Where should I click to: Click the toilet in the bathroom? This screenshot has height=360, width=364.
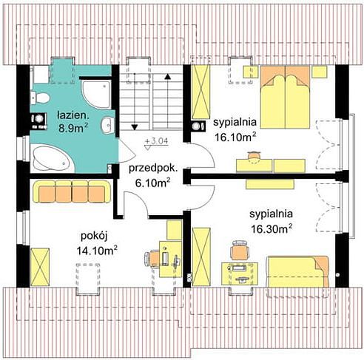(x=39, y=98)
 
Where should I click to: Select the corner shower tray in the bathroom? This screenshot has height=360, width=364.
(x=96, y=94)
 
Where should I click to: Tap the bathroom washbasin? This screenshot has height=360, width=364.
(x=107, y=125)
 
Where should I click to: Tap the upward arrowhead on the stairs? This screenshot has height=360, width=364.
(x=168, y=76)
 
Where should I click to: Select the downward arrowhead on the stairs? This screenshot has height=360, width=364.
(x=135, y=127)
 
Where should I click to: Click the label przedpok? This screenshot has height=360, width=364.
(x=153, y=169)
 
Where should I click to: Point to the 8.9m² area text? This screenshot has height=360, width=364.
(x=73, y=128)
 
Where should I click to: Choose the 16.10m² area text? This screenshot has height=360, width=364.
(x=235, y=137)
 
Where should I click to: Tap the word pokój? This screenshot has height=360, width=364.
(x=94, y=237)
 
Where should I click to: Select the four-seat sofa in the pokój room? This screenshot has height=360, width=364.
(x=72, y=191)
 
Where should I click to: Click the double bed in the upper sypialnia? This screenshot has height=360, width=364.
(x=285, y=97)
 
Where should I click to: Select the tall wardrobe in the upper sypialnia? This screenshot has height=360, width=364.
(x=201, y=92)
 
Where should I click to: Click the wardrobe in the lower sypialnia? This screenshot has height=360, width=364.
(x=201, y=257)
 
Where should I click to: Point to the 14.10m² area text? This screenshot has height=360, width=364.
(x=97, y=251)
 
